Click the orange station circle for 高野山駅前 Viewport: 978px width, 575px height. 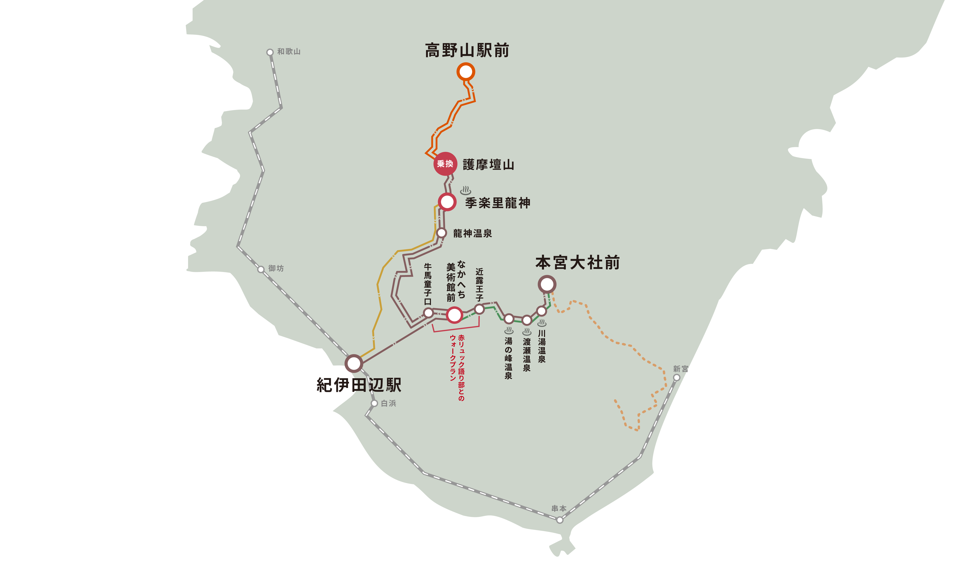tap(466, 72)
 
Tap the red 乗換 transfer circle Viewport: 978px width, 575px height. tap(445, 164)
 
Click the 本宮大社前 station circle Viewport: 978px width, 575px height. tap(547, 284)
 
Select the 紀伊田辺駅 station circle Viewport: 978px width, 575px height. tap(354, 364)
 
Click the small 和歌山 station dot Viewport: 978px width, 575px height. tap(270, 52)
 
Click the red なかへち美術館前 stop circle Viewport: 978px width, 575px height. tap(454, 315)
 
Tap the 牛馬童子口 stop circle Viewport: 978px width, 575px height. tap(428, 313)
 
